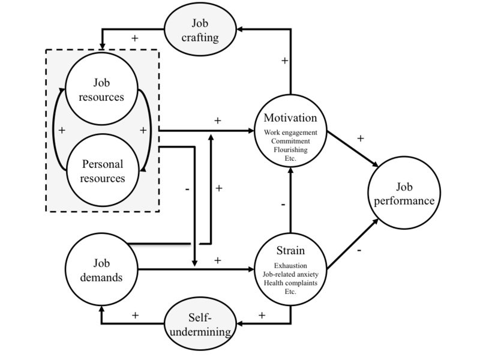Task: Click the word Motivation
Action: click(290, 118)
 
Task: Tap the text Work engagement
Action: click(290, 131)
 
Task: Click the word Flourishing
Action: click(290, 147)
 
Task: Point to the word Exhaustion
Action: click(290, 265)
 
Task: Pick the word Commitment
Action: click(290, 139)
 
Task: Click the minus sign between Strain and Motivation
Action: click(281, 204)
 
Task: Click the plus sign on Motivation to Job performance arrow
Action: click(360, 138)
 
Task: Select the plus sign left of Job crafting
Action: click(134, 38)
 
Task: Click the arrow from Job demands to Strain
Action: click(198, 271)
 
